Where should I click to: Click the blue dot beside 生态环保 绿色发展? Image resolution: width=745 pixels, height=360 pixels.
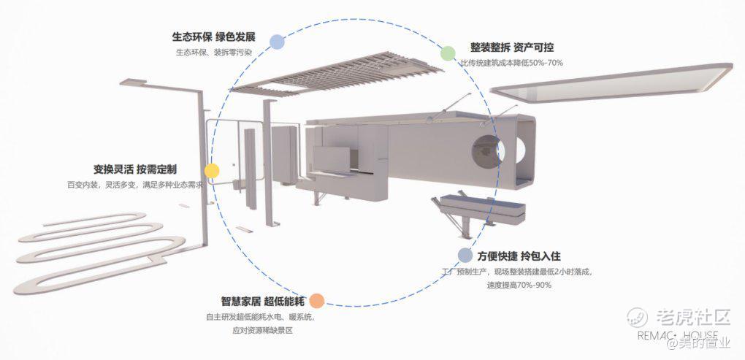(277, 42)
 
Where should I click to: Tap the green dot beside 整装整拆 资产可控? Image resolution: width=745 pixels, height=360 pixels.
(448, 53)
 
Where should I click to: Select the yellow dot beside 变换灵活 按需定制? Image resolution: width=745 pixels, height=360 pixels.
(211, 171)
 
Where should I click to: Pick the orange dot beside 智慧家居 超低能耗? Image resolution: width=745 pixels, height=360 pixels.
(316, 301)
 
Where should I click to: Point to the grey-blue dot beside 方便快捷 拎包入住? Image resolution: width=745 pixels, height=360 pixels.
(465, 256)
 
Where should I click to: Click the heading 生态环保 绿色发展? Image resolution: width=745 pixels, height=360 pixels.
(214, 37)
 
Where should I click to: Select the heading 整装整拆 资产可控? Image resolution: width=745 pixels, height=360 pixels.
(512, 47)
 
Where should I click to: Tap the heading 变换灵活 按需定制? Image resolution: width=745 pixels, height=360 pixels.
(135, 169)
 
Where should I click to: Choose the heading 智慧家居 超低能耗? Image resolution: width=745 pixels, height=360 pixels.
(263, 301)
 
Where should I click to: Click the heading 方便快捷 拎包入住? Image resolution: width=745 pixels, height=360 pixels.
(519, 256)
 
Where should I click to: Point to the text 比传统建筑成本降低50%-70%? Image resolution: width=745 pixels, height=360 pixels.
(511, 63)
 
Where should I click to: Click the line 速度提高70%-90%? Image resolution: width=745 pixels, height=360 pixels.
(519, 286)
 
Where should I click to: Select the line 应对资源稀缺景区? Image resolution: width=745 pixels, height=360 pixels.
(262, 330)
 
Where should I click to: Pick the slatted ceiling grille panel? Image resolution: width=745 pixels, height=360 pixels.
(337, 74)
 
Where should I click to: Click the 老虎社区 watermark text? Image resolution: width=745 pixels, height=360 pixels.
(693, 317)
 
